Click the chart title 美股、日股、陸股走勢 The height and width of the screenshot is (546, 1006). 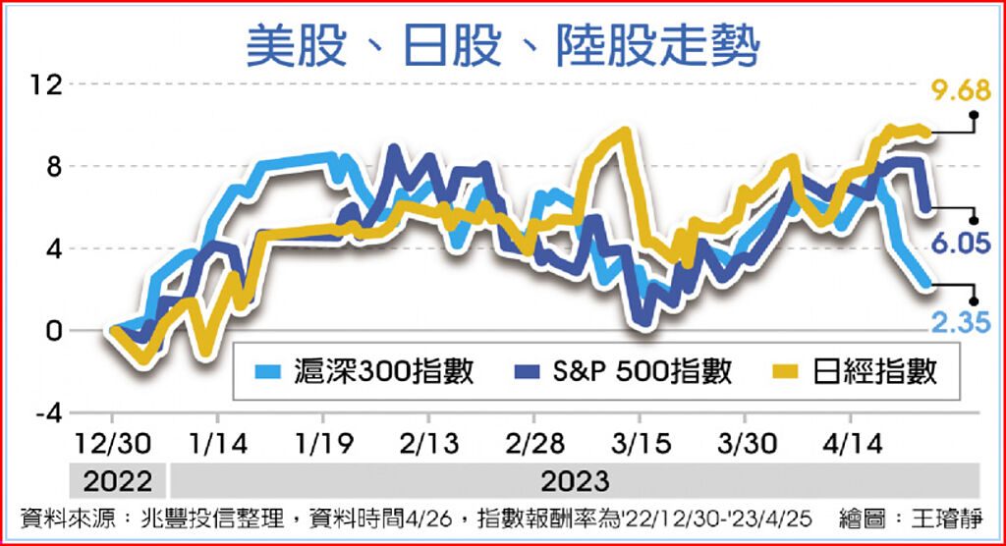click(502, 44)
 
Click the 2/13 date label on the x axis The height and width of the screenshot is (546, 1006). click(428, 444)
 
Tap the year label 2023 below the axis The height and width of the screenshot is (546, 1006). click(575, 481)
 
